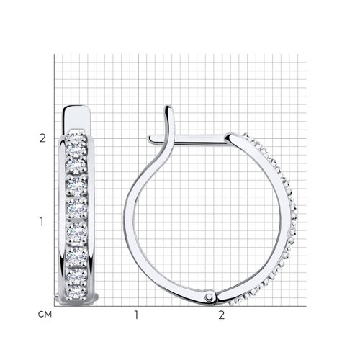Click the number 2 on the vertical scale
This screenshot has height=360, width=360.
42,138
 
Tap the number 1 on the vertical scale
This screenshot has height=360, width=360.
42,222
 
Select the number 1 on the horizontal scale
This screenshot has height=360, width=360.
136,315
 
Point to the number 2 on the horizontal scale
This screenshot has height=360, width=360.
221,315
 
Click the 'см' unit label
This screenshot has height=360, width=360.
45,314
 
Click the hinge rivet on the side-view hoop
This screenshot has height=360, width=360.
210,297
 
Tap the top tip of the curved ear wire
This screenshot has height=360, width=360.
168,106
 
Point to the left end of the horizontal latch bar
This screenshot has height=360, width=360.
149,139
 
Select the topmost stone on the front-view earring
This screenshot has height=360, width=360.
76,138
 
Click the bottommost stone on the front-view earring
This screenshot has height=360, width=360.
76,291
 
